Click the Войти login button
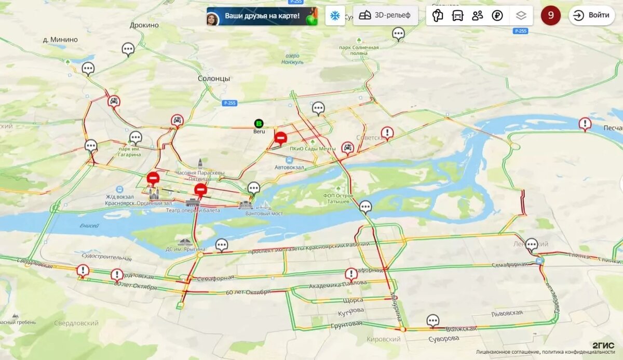pos(591,15)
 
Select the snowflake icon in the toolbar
pos(335,16)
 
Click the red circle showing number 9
pos(550,15)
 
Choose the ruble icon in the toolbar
pos(497,16)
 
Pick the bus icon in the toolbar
pos(457,16)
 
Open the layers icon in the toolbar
pos(521,16)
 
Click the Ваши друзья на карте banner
pos(262,16)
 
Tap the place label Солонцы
pos(213,78)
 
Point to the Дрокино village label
pos(144,25)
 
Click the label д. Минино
pos(60,39)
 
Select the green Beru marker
pos(259,124)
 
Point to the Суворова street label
pos(443,339)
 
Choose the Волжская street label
pos(461,329)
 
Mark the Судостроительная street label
pos(106,257)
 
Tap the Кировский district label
pos(384,339)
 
